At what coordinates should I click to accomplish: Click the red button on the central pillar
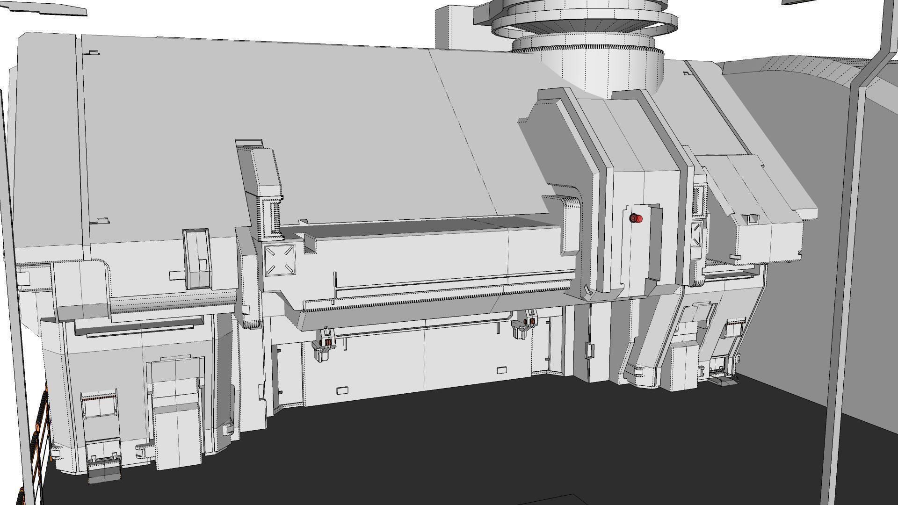coord(636,218)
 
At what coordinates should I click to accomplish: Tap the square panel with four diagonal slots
coord(280,260)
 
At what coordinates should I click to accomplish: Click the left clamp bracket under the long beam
coord(324,346)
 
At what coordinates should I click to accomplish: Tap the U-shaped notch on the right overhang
coord(753,218)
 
